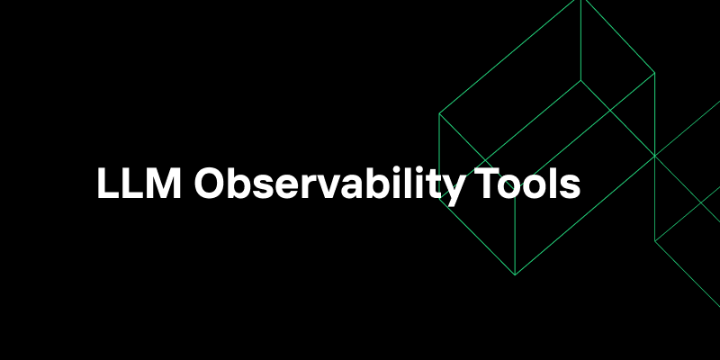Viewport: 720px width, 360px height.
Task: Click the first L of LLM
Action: pyautogui.click(x=106, y=184)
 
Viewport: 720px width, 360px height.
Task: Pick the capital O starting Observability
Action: pyautogui.click(x=211, y=184)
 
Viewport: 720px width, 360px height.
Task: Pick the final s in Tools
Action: pyautogui.click(x=571, y=186)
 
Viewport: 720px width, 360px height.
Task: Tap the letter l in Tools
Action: pyautogui.click(x=553, y=184)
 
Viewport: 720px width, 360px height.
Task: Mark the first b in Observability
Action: pyautogui.click(x=238, y=184)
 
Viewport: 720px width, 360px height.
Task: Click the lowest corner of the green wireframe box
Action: pyautogui.click(x=515, y=274)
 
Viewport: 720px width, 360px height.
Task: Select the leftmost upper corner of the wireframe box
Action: pyautogui.click(x=439, y=114)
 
